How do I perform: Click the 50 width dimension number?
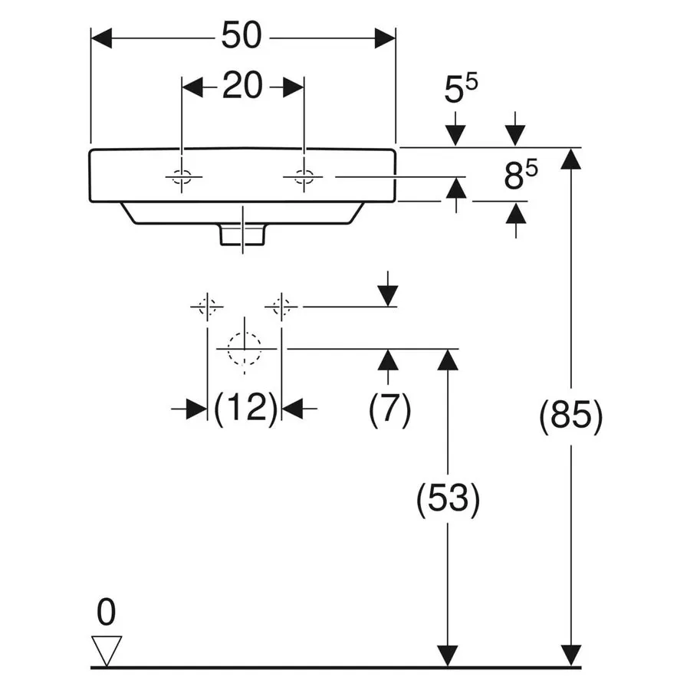pyautogui.click(x=242, y=35)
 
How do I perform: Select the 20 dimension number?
pyautogui.click(x=242, y=85)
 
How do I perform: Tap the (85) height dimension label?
pyautogui.click(x=570, y=416)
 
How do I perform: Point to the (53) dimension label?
pyautogui.click(x=448, y=499)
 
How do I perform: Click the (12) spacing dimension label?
pyautogui.click(x=245, y=408)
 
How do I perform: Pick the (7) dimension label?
pyautogui.click(x=389, y=409)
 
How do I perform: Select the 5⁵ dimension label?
pyautogui.click(x=461, y=90)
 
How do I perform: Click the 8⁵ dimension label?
pyautogui.click(x=521, y=175)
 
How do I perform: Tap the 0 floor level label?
pyautogui.click(x=106, y=612)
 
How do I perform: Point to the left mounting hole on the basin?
pyautogui.click(x=182, y=177)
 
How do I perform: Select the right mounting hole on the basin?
pyautogui.click(x=304, y=177)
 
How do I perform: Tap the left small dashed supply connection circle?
pyautogui.click(x=207, y=306)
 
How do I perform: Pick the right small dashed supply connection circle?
pyautogui.click(x=281, y=306)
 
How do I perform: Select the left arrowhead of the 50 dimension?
pyautogui.click(x=102, y=38)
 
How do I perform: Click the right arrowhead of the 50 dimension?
pyautogui.click(x=385, y=38)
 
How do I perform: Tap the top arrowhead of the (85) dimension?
pyautogui.click(x=570, y=159)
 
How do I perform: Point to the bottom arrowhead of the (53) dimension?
pyautogui.click(x=448, y=656)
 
